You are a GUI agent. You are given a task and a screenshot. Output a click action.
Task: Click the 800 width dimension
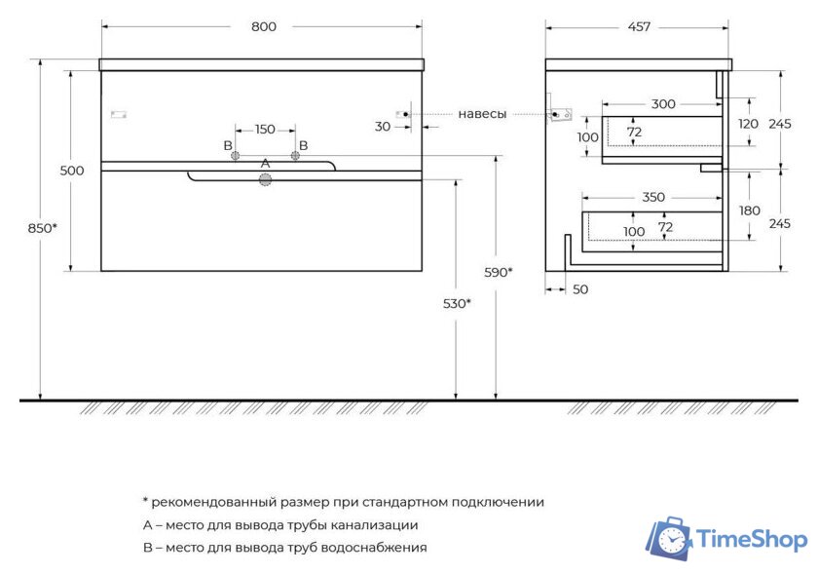(263, 26)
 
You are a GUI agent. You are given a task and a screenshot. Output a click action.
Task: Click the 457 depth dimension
(639, 26)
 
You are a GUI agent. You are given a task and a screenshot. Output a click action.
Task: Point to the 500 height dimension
(72, 171)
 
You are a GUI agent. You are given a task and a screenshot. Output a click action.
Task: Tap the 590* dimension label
(497, 272)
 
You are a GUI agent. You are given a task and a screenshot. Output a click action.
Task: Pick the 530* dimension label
(456, 303)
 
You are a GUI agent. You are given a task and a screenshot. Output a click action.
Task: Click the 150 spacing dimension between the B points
(265, 130)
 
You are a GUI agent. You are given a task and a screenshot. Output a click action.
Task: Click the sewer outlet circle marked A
(265, 179)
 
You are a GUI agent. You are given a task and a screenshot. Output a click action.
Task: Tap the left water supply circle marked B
(235, 156)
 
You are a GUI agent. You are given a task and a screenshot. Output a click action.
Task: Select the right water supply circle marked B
(295, 156)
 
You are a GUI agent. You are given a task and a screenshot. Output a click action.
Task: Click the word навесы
(482, 114)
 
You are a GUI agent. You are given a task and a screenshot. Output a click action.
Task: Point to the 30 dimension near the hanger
(382, 126)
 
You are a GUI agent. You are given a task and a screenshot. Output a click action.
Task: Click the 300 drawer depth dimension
(663, 104)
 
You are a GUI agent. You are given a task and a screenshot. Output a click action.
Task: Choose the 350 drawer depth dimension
(653, 197)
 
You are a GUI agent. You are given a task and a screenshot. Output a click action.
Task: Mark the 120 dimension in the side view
(748, 124)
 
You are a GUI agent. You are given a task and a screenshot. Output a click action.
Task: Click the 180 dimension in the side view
(748, 211)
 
